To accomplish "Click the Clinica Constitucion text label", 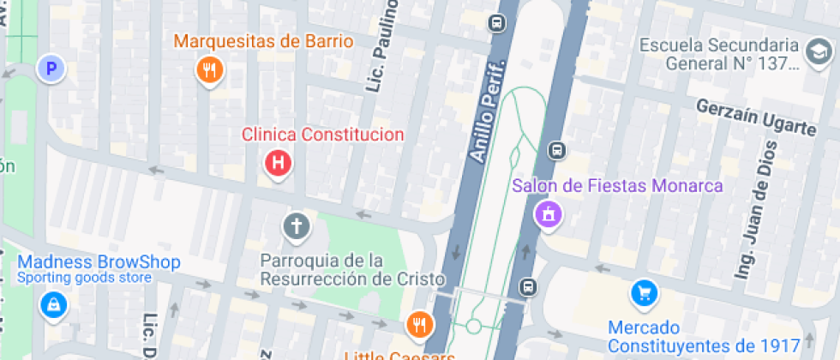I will [322, 135].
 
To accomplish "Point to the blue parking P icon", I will [52, 68].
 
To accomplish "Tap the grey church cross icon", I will [297, 227].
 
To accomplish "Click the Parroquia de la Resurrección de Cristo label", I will [353, 269].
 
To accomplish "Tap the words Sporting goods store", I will [84, 278].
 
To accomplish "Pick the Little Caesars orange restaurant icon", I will [419, 324].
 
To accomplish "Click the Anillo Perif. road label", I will [489, 111].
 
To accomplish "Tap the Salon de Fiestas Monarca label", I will [617, 186].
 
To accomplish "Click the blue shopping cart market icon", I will [644, 294].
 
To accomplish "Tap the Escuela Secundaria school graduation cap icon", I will [817, 54].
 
